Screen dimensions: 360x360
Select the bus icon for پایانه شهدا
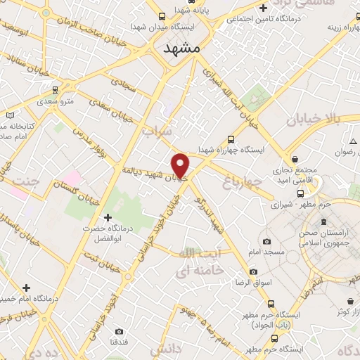(162, 16)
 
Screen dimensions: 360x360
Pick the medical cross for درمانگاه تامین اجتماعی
(262, 9)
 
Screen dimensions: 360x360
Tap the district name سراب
(155, 131)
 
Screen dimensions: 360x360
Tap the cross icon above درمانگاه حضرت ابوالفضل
(107, 217)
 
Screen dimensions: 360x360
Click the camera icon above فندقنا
(118, 331)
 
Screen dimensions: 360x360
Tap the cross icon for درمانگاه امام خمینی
(26, 288)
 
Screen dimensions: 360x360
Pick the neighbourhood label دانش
(166, 349)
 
